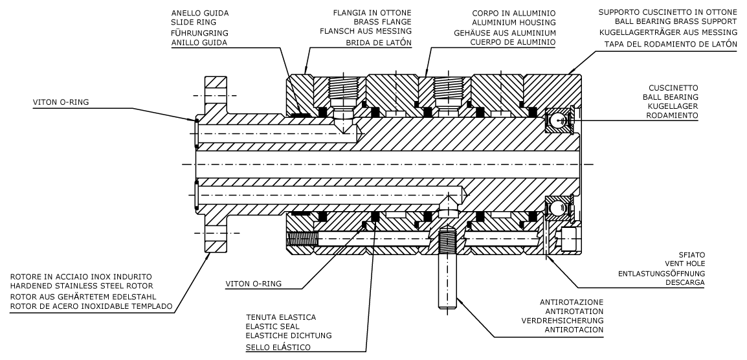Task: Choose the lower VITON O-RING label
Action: coord(256,284)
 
